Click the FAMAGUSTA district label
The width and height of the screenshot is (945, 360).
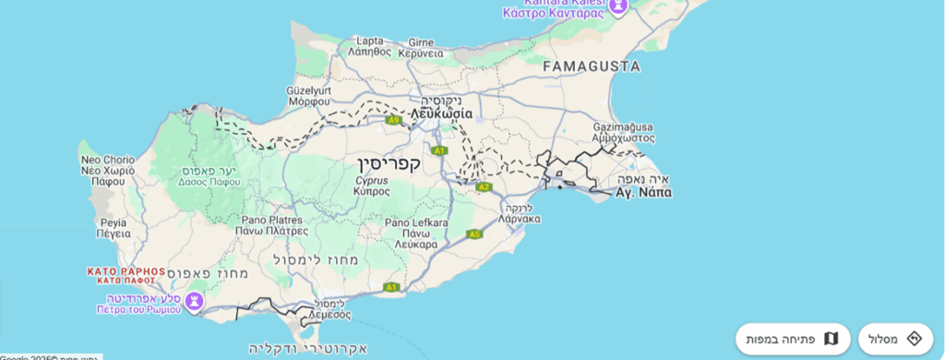(x=592, y=66)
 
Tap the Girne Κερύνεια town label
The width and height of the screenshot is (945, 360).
(x=422, y=48)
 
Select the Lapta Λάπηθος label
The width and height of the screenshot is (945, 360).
(x=368, y=47)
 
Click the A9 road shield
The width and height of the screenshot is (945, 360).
(x=394, y=120)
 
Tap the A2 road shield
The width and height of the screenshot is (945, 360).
(x=484, y=187)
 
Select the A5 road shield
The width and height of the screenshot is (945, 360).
(x=474, y=234)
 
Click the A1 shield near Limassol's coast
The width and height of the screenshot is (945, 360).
(x=391, y=287)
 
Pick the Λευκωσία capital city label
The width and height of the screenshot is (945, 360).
(x=442, y=113)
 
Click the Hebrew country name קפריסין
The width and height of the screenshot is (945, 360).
(x=389, y=164)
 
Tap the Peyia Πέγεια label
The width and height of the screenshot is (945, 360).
(x=114, y=228)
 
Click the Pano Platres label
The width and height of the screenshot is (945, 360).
(x=274, y=225)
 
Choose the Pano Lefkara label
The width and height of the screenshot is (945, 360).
(x=416, y=228)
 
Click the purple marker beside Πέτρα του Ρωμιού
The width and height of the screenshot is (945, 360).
(x=194, y=301)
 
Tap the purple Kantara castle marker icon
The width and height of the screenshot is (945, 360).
(x=617, y=6)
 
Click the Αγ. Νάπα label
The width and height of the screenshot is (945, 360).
(x=643, y=193)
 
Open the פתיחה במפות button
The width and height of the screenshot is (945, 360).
(x=793, y=339)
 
